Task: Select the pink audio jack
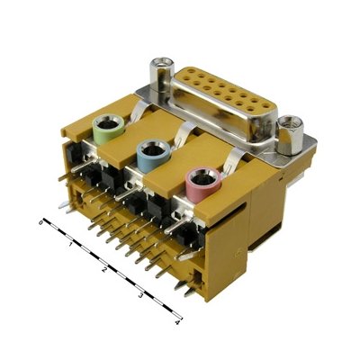(203, 186)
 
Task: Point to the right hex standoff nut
(291, 135)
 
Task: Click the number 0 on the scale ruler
(40, 223)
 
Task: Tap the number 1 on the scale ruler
(70, 245)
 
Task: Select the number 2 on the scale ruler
(104, 269)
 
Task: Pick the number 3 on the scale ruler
(139, 296)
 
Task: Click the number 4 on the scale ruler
(177, 323)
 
